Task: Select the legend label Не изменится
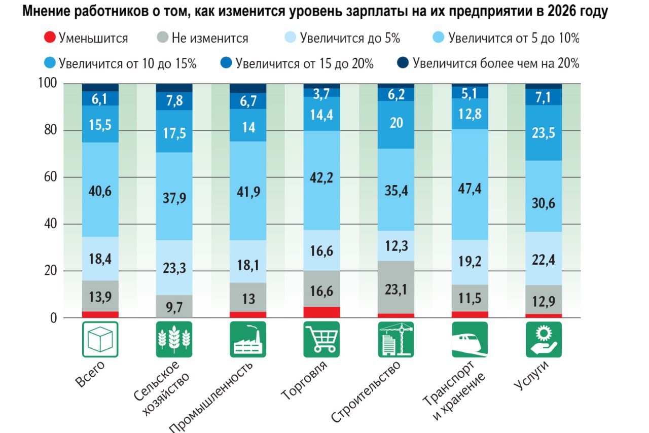tap(209, 38)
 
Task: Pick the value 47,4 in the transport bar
tap(470, 189)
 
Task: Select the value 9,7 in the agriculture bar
tap(174, 307)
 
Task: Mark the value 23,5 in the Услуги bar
tap(543, 133)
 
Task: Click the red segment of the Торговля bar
tap(321, 312)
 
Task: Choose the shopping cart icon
tap(321, 339)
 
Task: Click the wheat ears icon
tap(174, 339)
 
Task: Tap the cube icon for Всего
tap(100, 339)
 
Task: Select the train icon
tap(470, 339)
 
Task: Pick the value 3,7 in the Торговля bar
tap(321, 93)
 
